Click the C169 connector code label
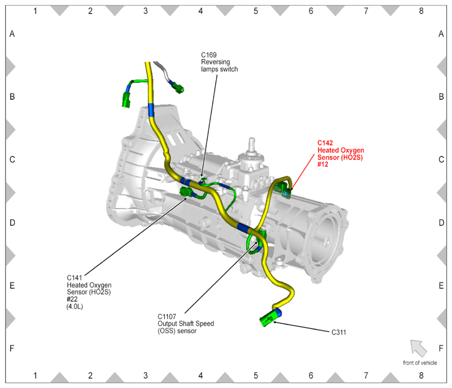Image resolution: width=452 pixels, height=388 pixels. click(x=209, y=54)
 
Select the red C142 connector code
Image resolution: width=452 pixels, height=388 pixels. click(x=325, y=143)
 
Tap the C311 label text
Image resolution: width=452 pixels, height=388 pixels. click(x=339, y=332)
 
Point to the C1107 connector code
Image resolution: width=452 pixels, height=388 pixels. click(x=167, y=317)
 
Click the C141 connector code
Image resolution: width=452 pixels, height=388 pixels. click(x=74, y=278)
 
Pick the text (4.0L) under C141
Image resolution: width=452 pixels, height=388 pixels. click(x=75, y=307)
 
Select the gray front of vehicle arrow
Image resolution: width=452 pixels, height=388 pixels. click(x=418, y=348)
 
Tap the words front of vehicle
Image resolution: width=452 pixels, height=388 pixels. click(x=420, y=363)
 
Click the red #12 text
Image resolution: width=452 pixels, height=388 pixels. click(x=323, y=164)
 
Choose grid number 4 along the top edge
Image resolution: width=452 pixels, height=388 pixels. click(x=201, y=11)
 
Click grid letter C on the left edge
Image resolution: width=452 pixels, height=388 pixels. click(x=12, y=159)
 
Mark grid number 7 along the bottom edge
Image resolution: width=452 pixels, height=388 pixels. click(x=366, y=376)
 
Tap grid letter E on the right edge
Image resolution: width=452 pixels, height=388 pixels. click(x=441, y=286)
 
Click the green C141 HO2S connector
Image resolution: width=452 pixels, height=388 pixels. click(x=185, y=191)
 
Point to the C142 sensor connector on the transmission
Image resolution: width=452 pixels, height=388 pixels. click(x=285, y=192)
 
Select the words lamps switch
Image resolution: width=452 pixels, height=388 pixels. click(x=219, y=69)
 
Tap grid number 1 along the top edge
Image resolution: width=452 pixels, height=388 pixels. click(x=35, y=11)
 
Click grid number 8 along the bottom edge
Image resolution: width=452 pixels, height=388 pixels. click(x=421, y=376)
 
